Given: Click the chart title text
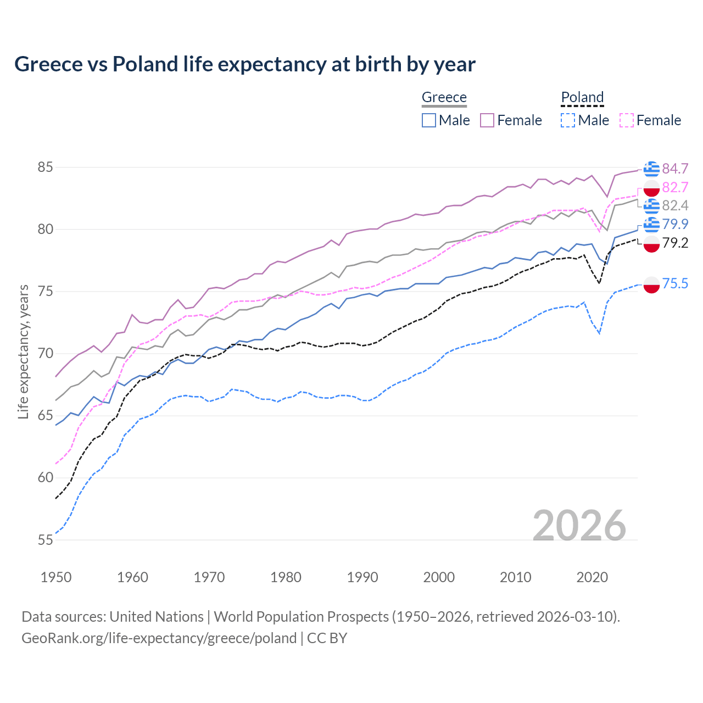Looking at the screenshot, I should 244,64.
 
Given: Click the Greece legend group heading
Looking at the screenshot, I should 444,97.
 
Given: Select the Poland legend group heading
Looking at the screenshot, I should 582,97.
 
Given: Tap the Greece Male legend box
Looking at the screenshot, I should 429,120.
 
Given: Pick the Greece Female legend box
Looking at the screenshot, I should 487,120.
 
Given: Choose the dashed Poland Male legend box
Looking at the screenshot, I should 568,120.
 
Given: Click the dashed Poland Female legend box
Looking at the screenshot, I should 627,120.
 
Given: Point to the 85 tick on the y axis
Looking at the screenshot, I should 45,167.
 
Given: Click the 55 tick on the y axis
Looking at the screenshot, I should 45,540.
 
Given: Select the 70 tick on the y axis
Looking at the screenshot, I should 45,354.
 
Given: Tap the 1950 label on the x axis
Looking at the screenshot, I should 56,577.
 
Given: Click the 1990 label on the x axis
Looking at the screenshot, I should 362,577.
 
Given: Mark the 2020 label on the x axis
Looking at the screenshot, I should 592,577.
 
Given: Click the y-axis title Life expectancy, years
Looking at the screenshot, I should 23,351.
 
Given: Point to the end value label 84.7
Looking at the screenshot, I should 675,169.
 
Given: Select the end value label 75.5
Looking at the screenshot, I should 675,283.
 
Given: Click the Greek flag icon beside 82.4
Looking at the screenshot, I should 651,206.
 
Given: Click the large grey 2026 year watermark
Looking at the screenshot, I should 579,526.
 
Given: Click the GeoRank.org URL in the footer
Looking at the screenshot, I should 159,638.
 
